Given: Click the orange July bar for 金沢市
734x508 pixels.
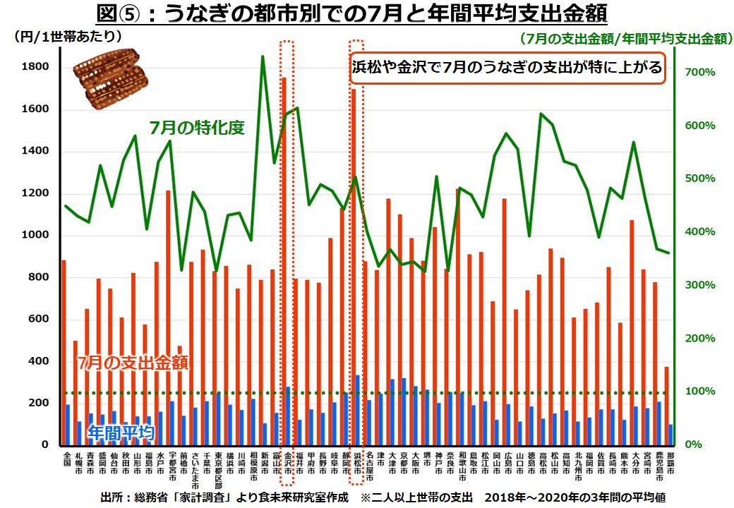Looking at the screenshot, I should pos(284,261).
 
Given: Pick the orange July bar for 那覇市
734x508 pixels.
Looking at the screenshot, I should pos(666,406).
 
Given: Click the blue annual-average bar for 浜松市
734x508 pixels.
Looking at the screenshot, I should pos(358,410).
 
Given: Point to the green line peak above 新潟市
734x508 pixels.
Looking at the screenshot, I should pos(263,56).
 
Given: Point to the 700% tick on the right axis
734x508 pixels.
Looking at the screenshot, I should pos(701,73).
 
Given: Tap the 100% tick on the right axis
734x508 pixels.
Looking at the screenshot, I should pos(701,392).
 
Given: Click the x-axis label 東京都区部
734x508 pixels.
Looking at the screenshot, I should pos(218,466).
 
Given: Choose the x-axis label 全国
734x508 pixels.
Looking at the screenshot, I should pos(65,456).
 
